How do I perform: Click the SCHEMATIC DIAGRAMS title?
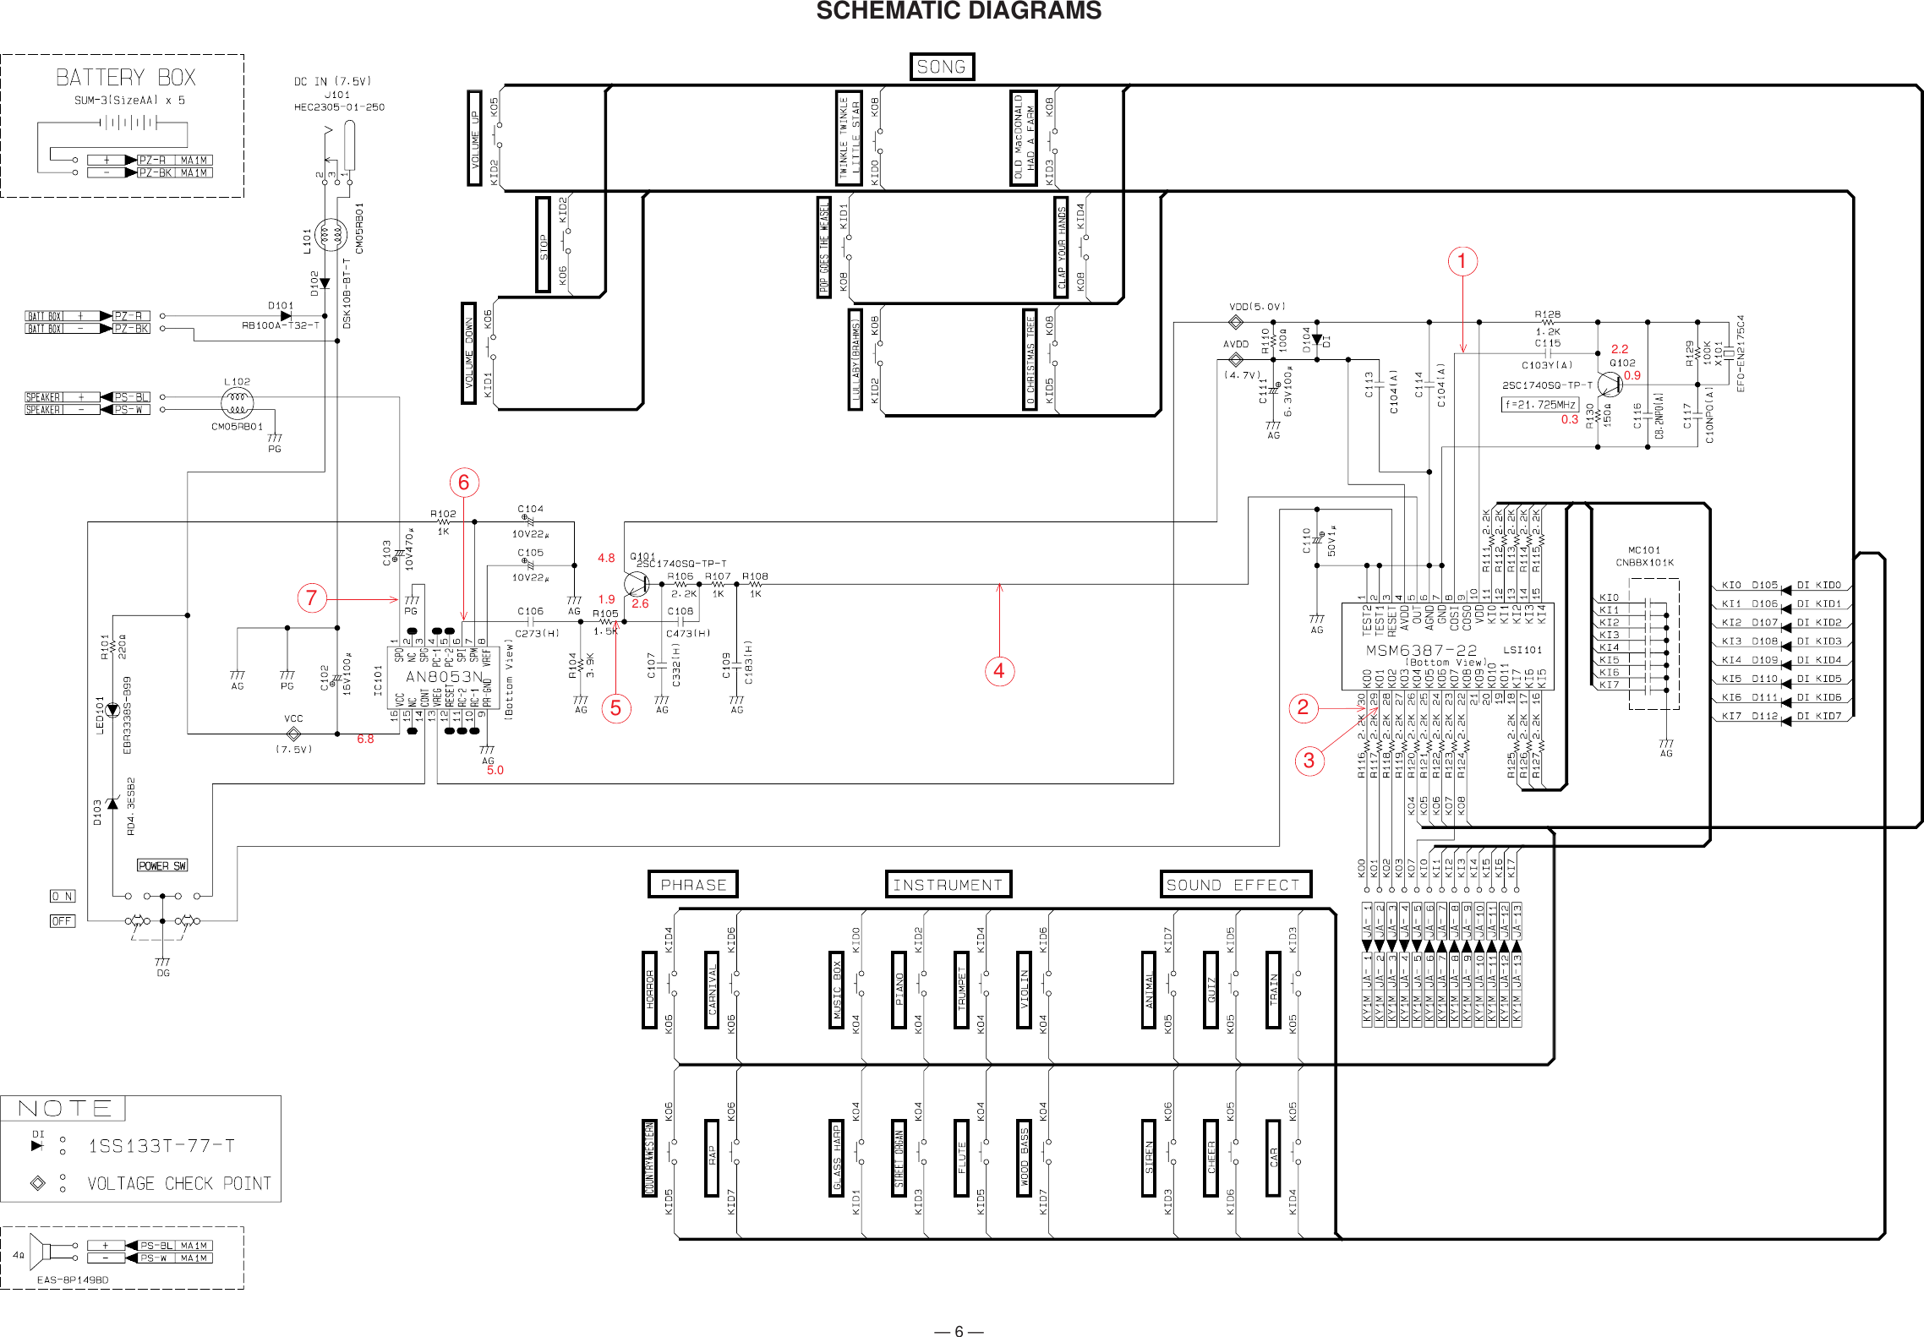[958, 11]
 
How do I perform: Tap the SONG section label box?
[941, 67]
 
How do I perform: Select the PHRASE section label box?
[692, 885]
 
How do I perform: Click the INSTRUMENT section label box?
[948, 885]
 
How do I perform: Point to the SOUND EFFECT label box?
[1234, 885]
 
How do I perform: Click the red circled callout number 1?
[1462, 261]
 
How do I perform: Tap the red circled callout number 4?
[999, 671]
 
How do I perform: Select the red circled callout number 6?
[463, 483]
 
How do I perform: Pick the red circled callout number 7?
[311, 598]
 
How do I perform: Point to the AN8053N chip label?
[444, 677]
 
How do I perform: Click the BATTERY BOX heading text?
[125, 78]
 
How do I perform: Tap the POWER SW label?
[162, 865]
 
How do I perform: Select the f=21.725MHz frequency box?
[1540, 405]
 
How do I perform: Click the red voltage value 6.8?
[365, 739]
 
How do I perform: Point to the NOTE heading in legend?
[64, 1108]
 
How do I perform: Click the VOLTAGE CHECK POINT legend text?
[179, 1183]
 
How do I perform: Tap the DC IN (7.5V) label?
[332, 82]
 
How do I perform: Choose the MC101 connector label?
[1643, 550]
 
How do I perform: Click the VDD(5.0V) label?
[1256, 307]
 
